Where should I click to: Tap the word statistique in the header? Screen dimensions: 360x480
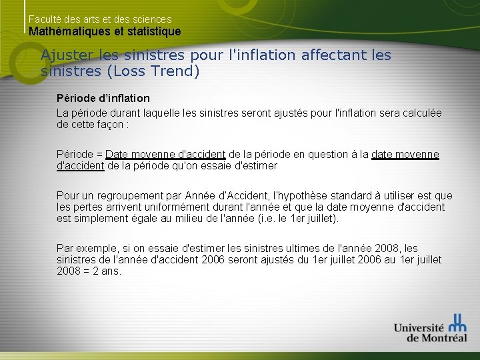(x=156, y=31)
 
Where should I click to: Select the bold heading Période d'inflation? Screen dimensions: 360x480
(x=103, y=98)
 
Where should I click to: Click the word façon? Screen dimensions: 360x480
(x=107, y=124)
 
